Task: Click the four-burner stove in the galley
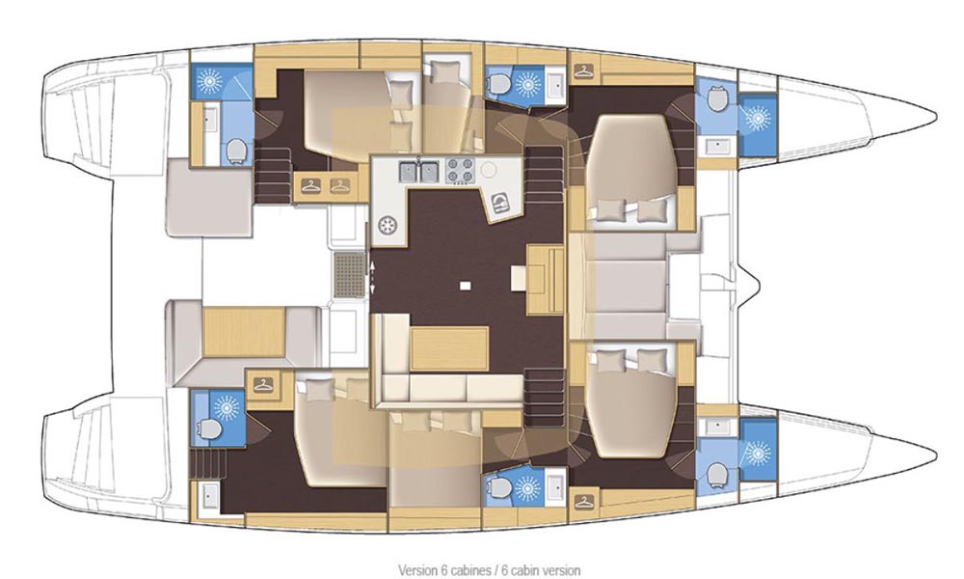[459, 171]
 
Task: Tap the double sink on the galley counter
[418, 172]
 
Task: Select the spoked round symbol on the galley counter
[388, 226]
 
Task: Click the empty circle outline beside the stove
[490, 169]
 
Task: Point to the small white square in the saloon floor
[466, 286]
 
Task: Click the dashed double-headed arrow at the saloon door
[371, 276]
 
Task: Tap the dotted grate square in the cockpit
[349, 275]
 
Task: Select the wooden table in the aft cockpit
[244, 332]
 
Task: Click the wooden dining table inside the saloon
[449, 349]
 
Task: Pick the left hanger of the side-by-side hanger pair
[311, 185]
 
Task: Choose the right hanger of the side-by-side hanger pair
[339, 185]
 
